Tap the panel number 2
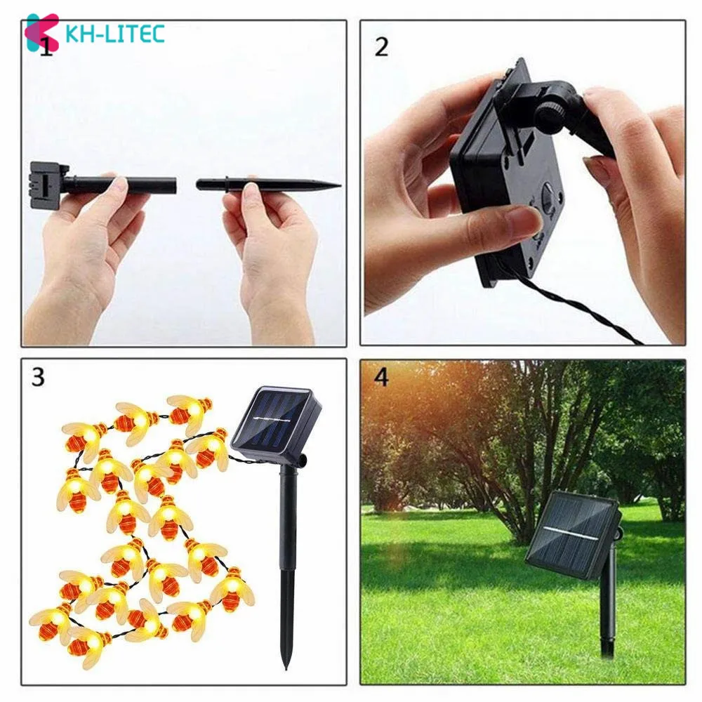pyautogui.click(x=381, y=47)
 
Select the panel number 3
pyautogui.click(x=37, y=377)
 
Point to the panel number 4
pyautogui.click(x=381, y=377)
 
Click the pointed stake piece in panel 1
pyautogui.click(x=267, y=185)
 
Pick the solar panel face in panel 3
pyautogui.click(x=274, y=423)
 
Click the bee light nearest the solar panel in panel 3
pyautogui.click(x=208, y=449)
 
